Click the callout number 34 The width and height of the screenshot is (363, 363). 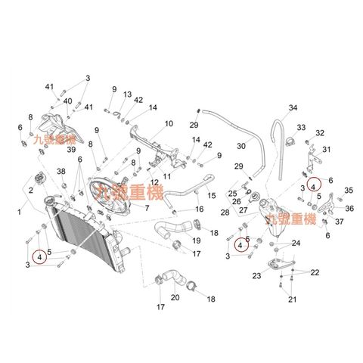[x=293, y=108]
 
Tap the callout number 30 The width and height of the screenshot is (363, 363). [x=241, y=146]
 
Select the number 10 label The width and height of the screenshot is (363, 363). [x=169, y=124]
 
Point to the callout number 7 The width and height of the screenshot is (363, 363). [x=147, y=208]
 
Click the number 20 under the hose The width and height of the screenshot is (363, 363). [x=175, y=297]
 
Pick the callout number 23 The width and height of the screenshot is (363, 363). [x=256, y=276]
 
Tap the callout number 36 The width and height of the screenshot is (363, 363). [x=349, y=209]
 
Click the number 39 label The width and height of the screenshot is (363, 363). [x=71, y=150]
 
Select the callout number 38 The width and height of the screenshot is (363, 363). [x=61, y=172]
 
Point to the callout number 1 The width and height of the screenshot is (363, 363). [x=20, y=213]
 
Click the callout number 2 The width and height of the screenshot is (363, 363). [x=31, y=190]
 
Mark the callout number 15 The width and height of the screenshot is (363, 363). [x=212, y=195]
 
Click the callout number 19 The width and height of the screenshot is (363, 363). [x=197, y=240]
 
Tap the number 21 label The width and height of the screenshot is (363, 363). [x=292, y=299]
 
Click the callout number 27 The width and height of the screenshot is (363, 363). [x=244, y=210]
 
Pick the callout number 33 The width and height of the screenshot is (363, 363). [x=301, y=128]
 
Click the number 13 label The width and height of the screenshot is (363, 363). [x=127, y=95]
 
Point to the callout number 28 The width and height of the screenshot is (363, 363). [x=225, y=213]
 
